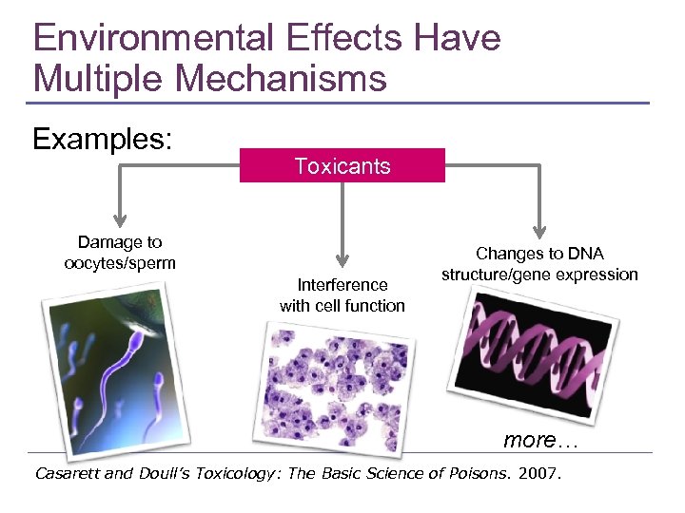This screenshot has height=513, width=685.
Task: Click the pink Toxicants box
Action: [342, 166]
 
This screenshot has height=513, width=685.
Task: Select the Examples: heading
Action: [102, 140]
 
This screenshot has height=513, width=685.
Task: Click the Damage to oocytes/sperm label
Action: [120, 253]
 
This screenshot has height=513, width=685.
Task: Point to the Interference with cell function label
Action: [342, 295]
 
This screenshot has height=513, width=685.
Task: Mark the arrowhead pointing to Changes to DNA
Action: [540, 229]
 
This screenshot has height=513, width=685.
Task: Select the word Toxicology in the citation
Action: [229, 473]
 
